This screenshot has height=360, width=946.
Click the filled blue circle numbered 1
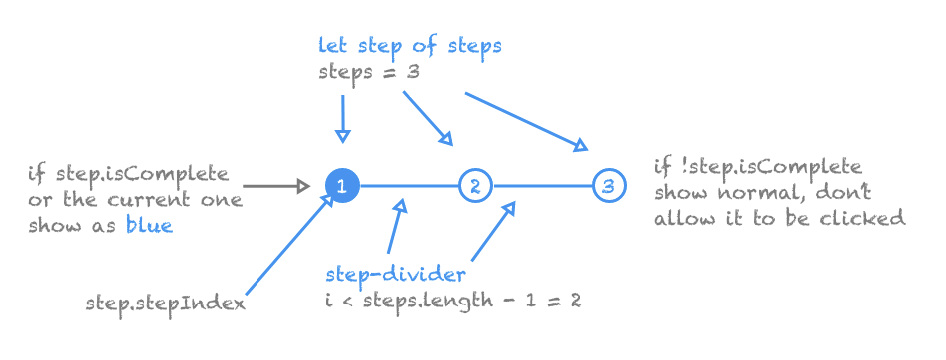[x=342, y=186]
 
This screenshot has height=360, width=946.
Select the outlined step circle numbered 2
[x=475, y=186]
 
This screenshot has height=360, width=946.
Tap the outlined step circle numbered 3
[x=608, y=186]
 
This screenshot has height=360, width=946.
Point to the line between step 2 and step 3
[x=542, y=186]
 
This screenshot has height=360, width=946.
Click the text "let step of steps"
[x=409, y=46]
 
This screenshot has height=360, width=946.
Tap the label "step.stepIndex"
[x=165, y=303]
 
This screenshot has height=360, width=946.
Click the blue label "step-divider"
[x=395, y=273]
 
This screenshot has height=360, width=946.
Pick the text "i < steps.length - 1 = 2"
[x=453, y=298]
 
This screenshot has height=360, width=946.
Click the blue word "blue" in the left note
[x=149, y=225]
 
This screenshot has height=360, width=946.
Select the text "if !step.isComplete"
[x=757, y=166]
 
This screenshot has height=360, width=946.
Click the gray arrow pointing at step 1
[x=277, y=186]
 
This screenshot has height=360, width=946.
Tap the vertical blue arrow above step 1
[x=343, y=118]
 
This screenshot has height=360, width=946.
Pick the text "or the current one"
[x=135, y=200]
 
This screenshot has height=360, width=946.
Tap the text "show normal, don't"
[x=762, y=191]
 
